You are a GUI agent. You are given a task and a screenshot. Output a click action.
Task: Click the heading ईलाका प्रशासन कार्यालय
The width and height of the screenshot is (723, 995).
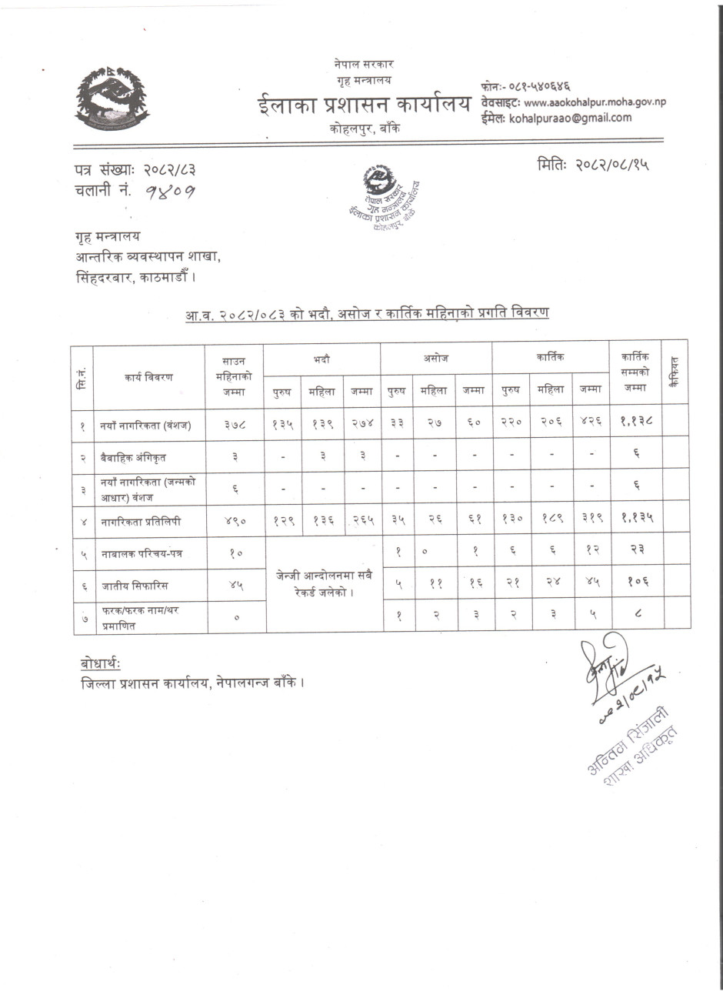coord(363,106)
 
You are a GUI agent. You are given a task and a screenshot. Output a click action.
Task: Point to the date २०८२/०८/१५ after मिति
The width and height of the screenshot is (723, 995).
coord(611,165)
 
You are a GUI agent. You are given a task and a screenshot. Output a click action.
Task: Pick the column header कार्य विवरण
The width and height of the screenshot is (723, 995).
coord(148,376)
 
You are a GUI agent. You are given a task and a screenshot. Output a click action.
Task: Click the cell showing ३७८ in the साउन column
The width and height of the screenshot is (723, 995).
coord(235,424)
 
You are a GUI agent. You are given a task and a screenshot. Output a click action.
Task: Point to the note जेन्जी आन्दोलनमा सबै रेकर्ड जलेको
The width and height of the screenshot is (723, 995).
coord(323,583)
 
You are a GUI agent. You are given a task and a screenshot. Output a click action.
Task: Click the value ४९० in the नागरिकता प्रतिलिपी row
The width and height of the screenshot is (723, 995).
coord(235,521)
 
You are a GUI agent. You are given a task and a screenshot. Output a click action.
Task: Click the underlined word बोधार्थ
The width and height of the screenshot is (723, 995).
coord(101,663)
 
